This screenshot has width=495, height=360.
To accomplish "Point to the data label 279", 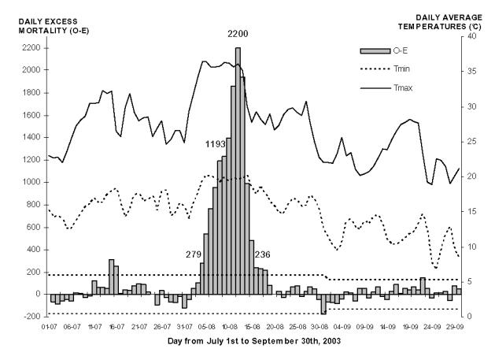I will [194, 254].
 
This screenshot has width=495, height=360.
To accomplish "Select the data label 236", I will [264, 254].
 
